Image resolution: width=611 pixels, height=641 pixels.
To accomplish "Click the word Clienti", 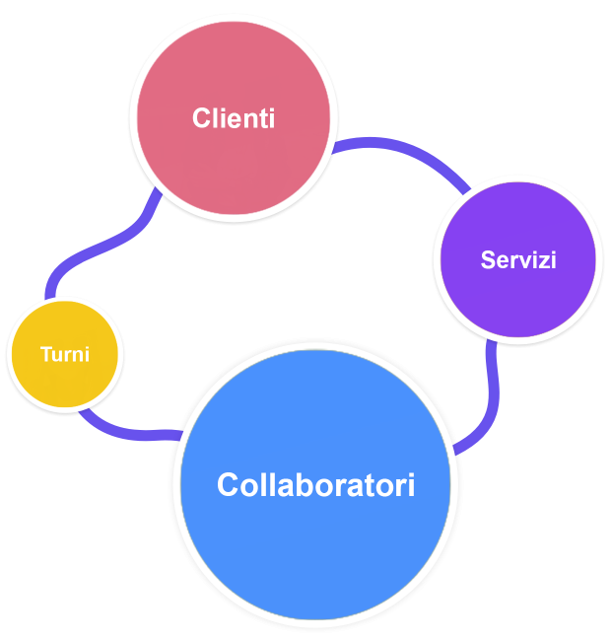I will pos(234,119).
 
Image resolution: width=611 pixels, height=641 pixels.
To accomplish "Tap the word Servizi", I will pos(518,260).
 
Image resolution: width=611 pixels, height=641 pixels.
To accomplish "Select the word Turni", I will pos(65,355).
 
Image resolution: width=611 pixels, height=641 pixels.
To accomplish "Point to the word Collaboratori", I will pos(315,485).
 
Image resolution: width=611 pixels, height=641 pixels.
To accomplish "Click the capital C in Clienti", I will pos(201,119).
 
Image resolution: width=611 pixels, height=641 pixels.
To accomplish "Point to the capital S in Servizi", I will pos(487,260).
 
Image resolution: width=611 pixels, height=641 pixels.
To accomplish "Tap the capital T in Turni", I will pos(45,355).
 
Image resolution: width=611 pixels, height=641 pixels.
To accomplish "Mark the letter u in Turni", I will pos(57,356).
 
